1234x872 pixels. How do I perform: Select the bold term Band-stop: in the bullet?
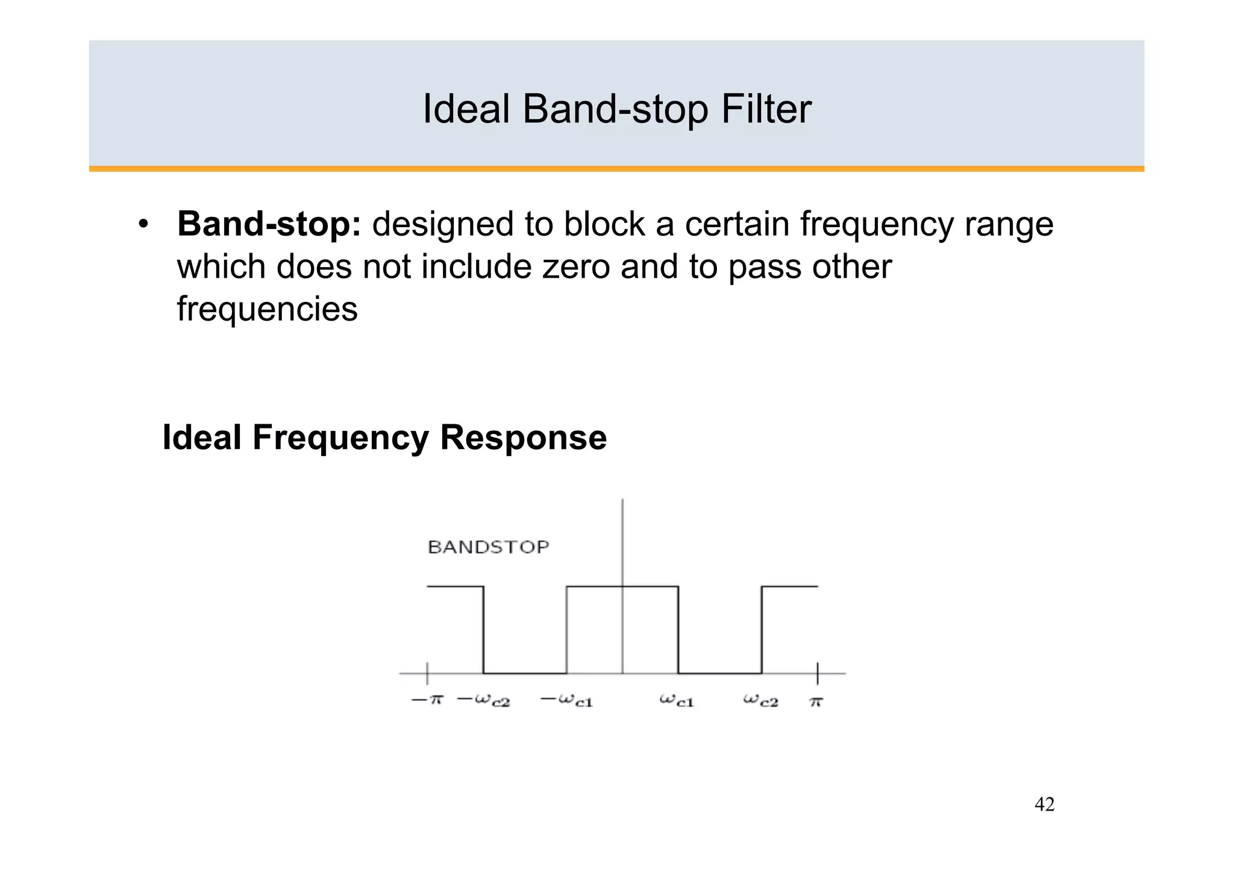269,224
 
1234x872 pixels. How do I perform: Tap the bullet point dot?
143,225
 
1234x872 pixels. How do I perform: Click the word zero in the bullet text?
576,266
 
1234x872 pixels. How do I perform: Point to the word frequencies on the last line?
267,309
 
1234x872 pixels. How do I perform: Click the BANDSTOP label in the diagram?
488,547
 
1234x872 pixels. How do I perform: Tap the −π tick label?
427,700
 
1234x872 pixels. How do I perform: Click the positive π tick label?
816,701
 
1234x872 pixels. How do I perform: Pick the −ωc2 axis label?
484,700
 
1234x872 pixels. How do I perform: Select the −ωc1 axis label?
567,700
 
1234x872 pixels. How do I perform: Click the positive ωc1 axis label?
677,700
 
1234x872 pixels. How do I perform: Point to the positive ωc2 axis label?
760,700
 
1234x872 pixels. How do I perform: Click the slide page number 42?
1044,804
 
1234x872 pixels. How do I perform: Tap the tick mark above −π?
427,673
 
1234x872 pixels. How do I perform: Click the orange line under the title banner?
616,169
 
